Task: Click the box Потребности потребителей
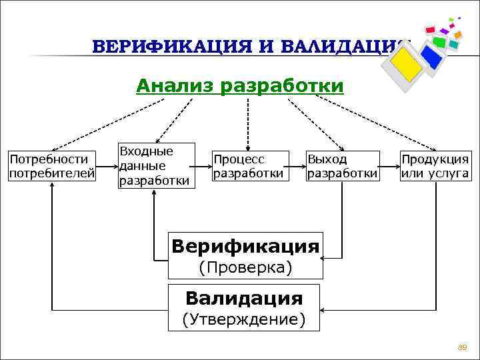(51, 167)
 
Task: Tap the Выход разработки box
(342, 167)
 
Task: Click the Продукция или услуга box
(435, 167)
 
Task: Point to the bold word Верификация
(245, 246)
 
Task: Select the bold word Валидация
(244, 297)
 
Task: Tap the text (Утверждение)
(244, 319)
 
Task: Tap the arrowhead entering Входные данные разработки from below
(155, 194)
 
